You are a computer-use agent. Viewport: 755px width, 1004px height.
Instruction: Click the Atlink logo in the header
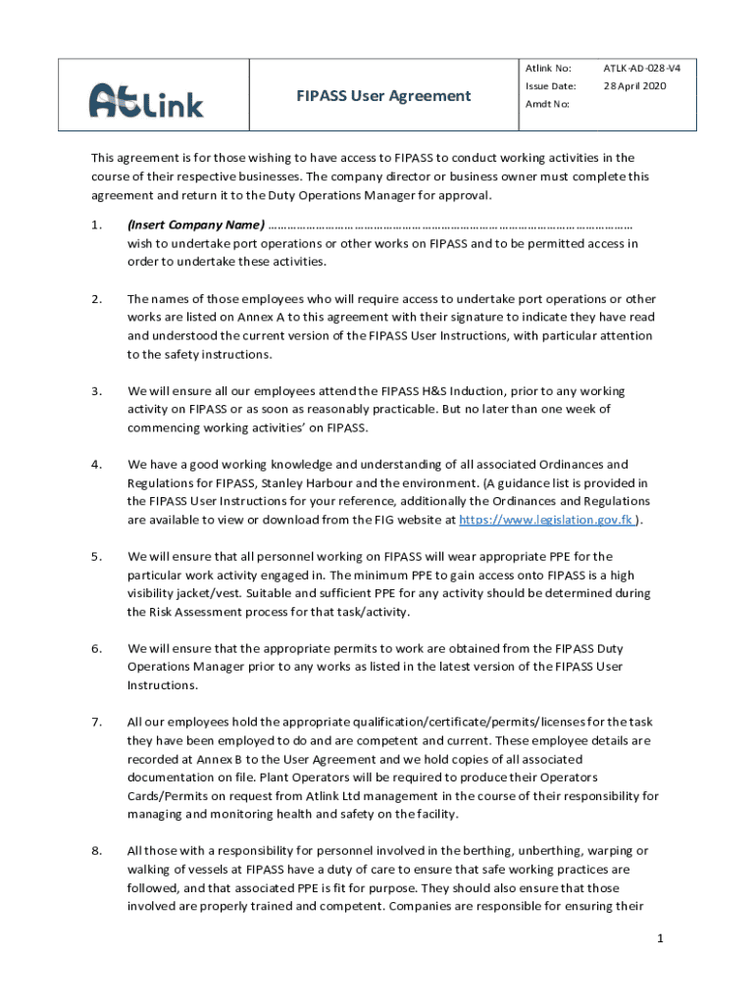(146, 98)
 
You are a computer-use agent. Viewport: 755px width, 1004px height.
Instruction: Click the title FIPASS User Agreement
(383, 95)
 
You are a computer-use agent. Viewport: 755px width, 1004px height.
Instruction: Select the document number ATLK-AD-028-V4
(641, 69)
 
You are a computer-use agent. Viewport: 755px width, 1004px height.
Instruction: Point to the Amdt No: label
(546, 104)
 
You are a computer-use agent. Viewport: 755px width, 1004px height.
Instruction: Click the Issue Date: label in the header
(550, 86)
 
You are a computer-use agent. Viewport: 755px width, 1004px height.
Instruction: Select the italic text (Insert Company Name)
(195, 225)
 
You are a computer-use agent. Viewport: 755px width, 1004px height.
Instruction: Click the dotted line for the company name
(451, 225)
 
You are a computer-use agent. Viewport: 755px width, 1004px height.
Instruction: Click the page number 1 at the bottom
(661, 938)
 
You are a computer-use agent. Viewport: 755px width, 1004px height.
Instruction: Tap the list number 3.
(96, 391)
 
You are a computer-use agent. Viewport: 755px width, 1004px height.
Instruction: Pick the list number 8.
(96, 851)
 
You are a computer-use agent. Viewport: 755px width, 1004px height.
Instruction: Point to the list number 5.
(96, 557)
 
